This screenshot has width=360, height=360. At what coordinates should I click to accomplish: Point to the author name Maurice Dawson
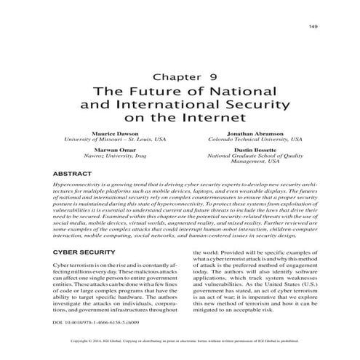pyautogui.click(x=115, y=135)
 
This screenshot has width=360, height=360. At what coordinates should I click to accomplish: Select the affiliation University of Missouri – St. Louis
pyautogui.click(x=115, y=140)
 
